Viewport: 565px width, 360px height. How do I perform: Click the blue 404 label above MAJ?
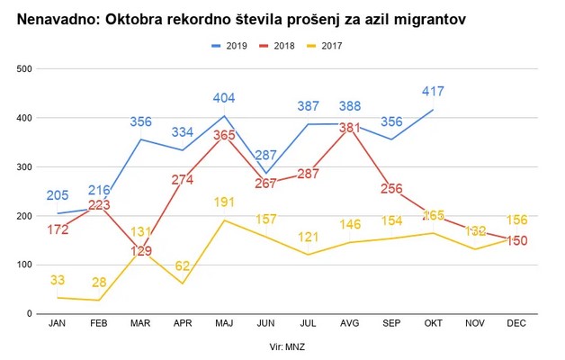(x=225, y=98)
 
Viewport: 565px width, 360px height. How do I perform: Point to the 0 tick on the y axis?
(x=29, y=314)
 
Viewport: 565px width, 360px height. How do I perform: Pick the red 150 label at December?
(x=516, y=240)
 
